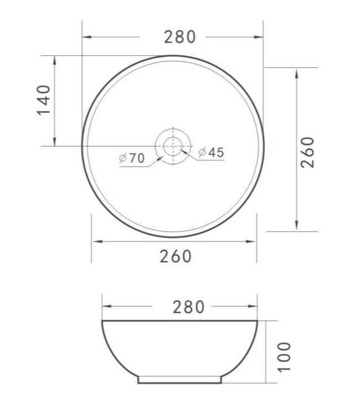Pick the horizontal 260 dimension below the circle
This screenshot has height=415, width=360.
(x=176, y=256)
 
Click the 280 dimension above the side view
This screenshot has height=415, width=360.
(x=180, y=307)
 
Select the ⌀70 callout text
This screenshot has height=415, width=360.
(x=132, y=158)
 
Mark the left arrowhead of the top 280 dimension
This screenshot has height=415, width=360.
(x=86, y=37)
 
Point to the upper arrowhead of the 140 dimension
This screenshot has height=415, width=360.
(x=54, y=59)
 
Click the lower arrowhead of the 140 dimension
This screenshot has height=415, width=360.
(x=54, y=142)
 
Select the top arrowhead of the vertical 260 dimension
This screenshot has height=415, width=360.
(x=298, y=71)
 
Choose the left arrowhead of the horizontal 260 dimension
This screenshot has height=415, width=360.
(x=95, y=242)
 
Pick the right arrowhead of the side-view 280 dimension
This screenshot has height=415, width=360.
(x=254, y=307)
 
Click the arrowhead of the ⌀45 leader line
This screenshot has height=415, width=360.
(x=184, y=150)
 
